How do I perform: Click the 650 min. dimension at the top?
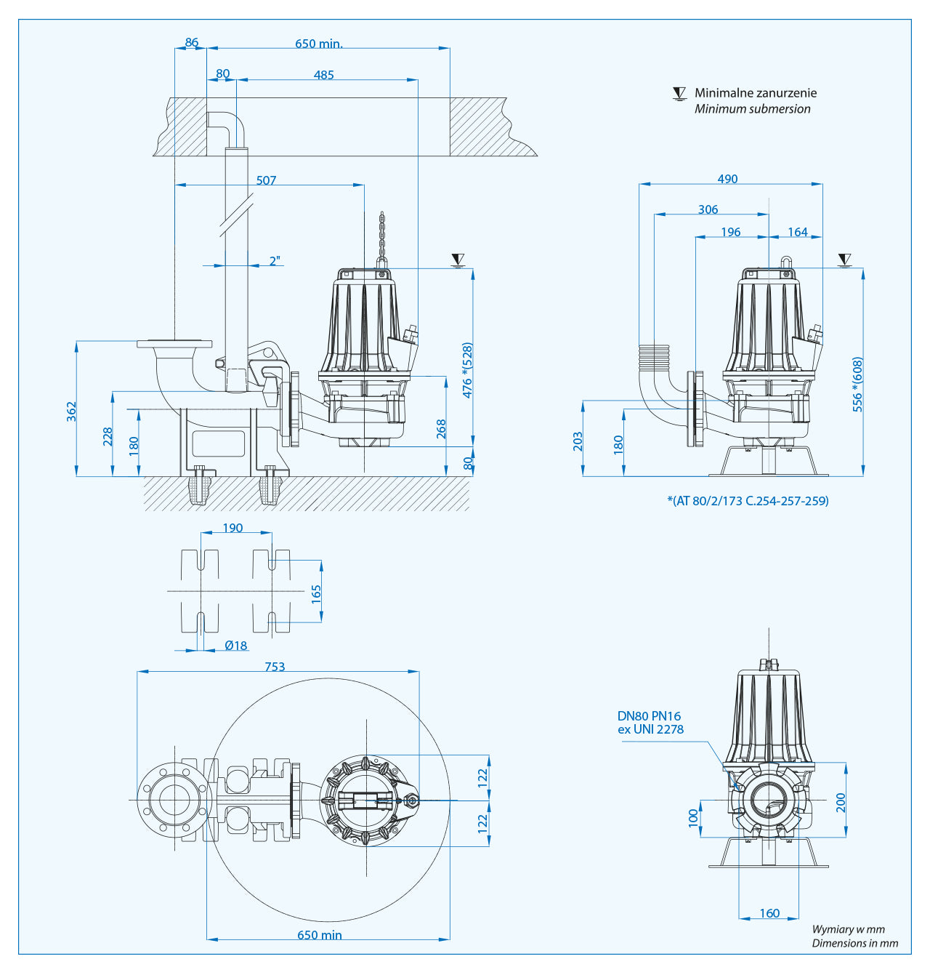tap(318, 44)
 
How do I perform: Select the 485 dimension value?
tap(323, 75)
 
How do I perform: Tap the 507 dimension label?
tap(266, 180)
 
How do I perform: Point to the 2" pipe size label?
tap(275, 261)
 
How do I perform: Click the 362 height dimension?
tap(71, 412)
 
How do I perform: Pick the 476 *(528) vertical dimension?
tap(467, 370)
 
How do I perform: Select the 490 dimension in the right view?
tap(727, 179)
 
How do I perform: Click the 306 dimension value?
tap(708, 209)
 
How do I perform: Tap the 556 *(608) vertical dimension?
tap(857, 385)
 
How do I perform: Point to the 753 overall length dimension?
tap(275, 667)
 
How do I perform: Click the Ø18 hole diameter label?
tap(235, 646)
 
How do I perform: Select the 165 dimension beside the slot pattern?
tap(316, 593)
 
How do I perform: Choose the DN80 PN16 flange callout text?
tap(650, 723)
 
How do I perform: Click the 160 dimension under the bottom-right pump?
tap(769, 913)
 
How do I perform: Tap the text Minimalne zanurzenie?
tap(755, 93)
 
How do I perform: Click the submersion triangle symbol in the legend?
tap(679, 94)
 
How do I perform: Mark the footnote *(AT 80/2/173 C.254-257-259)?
tap(748, 500)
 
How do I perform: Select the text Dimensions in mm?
tap(854, 943)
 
